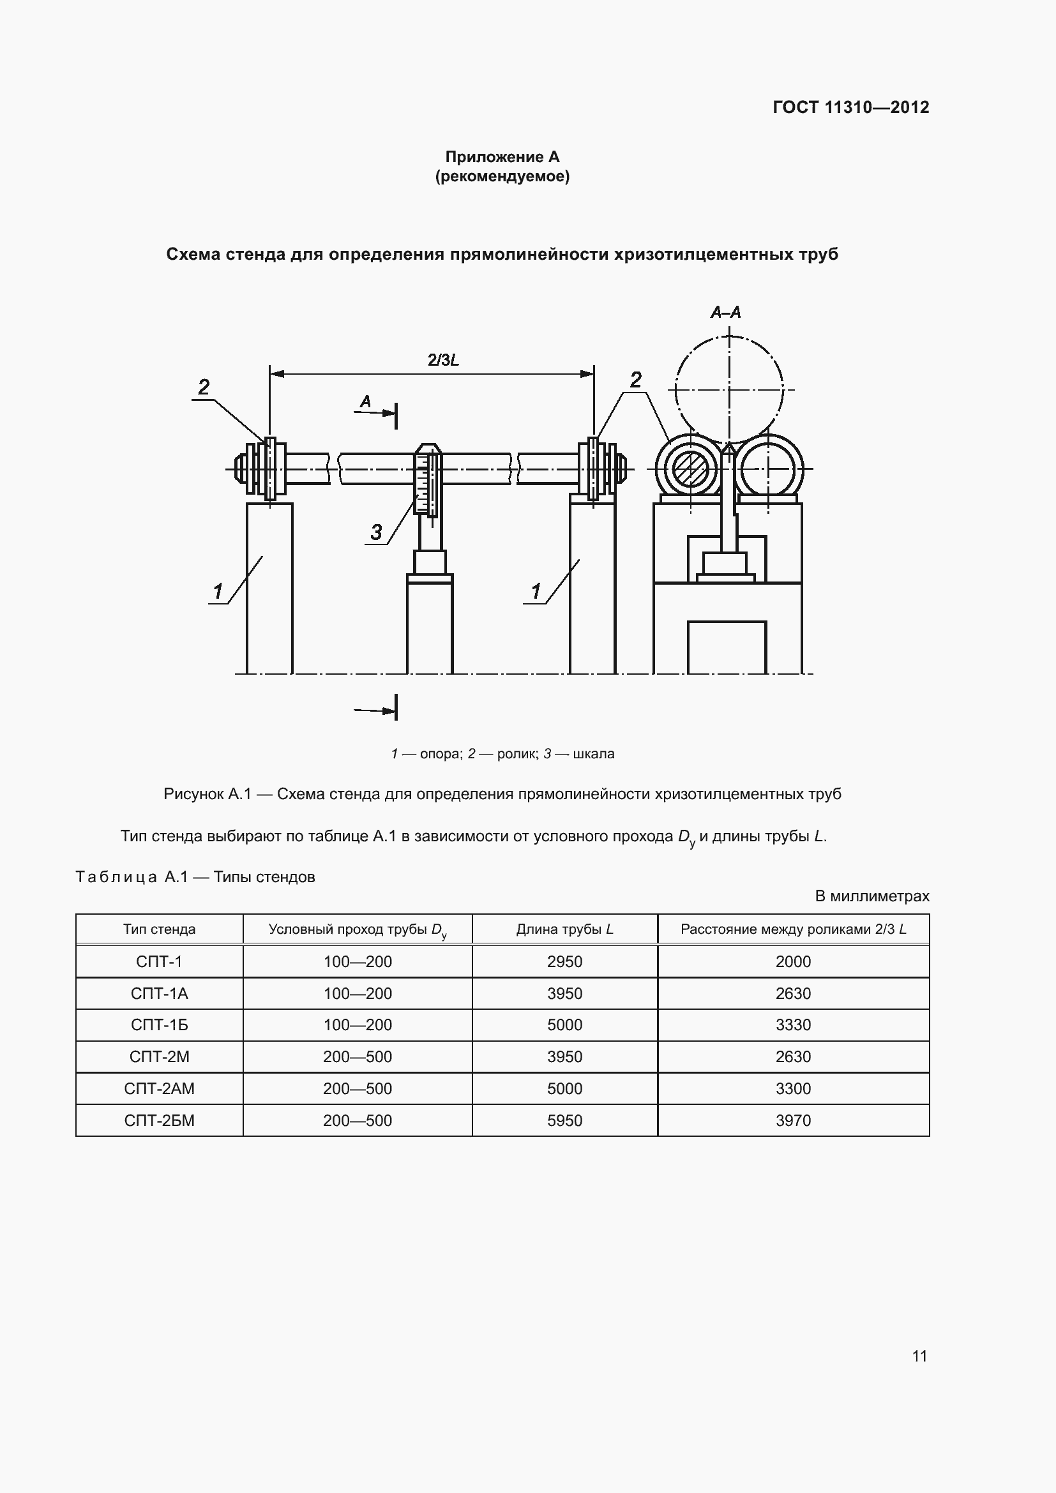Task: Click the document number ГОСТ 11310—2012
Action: (850, 107)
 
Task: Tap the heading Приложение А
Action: (502, 157)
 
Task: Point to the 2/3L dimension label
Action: (444, 359)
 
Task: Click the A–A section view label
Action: (725, 313)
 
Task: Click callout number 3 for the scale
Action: (376, 532)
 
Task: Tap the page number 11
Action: (919, 1356)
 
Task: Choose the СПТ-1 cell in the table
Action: (160, 961)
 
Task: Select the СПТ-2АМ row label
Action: (160, 1088)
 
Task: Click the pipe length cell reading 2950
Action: (564, 961)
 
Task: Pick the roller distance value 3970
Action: (794, 1120)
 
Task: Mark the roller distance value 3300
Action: (794, 1088)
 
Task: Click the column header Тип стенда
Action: (160, 929)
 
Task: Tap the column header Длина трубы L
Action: (564, 929)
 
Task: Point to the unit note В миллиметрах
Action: (872, 896)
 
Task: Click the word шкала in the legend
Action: (593, 754)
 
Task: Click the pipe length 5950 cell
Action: (564, 1120)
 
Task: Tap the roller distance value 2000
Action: (794, 961)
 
